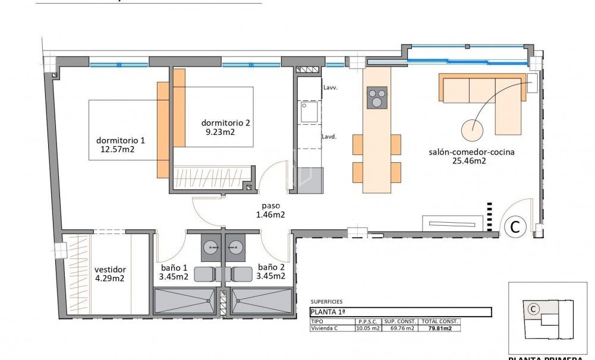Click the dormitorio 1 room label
(120, 141)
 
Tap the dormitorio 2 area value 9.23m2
(218, 132)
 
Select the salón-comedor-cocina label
(471, 152)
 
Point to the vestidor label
(110, 269)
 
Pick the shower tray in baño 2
(262, 301)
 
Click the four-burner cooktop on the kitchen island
(377, 97)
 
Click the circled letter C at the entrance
(515, 226)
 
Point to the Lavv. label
(330, 87)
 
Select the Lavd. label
(330, 136)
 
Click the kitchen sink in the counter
(308, 112)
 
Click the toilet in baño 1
(205, 274)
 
